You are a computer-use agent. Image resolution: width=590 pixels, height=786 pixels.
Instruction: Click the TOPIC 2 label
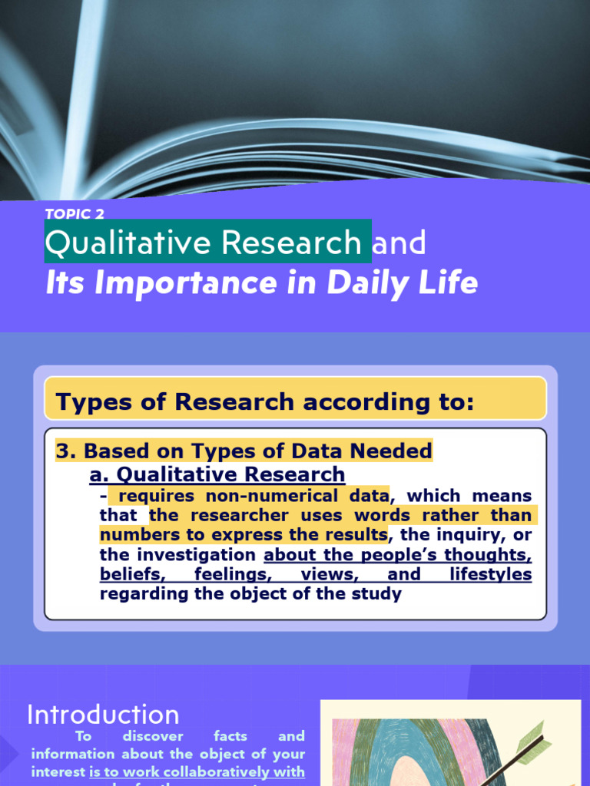click(75, 214)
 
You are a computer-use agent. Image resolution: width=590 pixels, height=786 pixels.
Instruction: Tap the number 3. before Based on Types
click(66, 451)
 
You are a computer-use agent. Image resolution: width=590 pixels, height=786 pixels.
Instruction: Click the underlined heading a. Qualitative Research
click(217, 474)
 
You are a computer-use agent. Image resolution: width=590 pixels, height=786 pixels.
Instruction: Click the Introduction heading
click(103, 715)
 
